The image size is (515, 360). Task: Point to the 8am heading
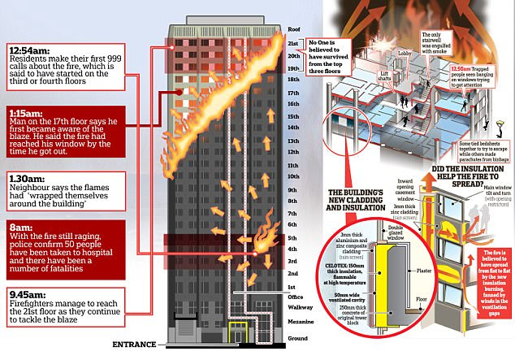pyautogui.click(x=20, y=228)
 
